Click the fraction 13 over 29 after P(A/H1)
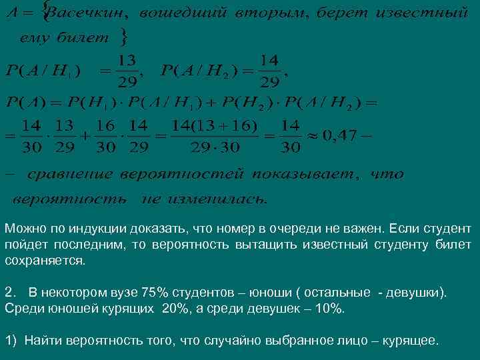(x=124, y=71)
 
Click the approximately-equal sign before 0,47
(x=311, y=137)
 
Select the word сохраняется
(x=45, y=261)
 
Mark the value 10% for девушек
(x=329, y=309)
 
